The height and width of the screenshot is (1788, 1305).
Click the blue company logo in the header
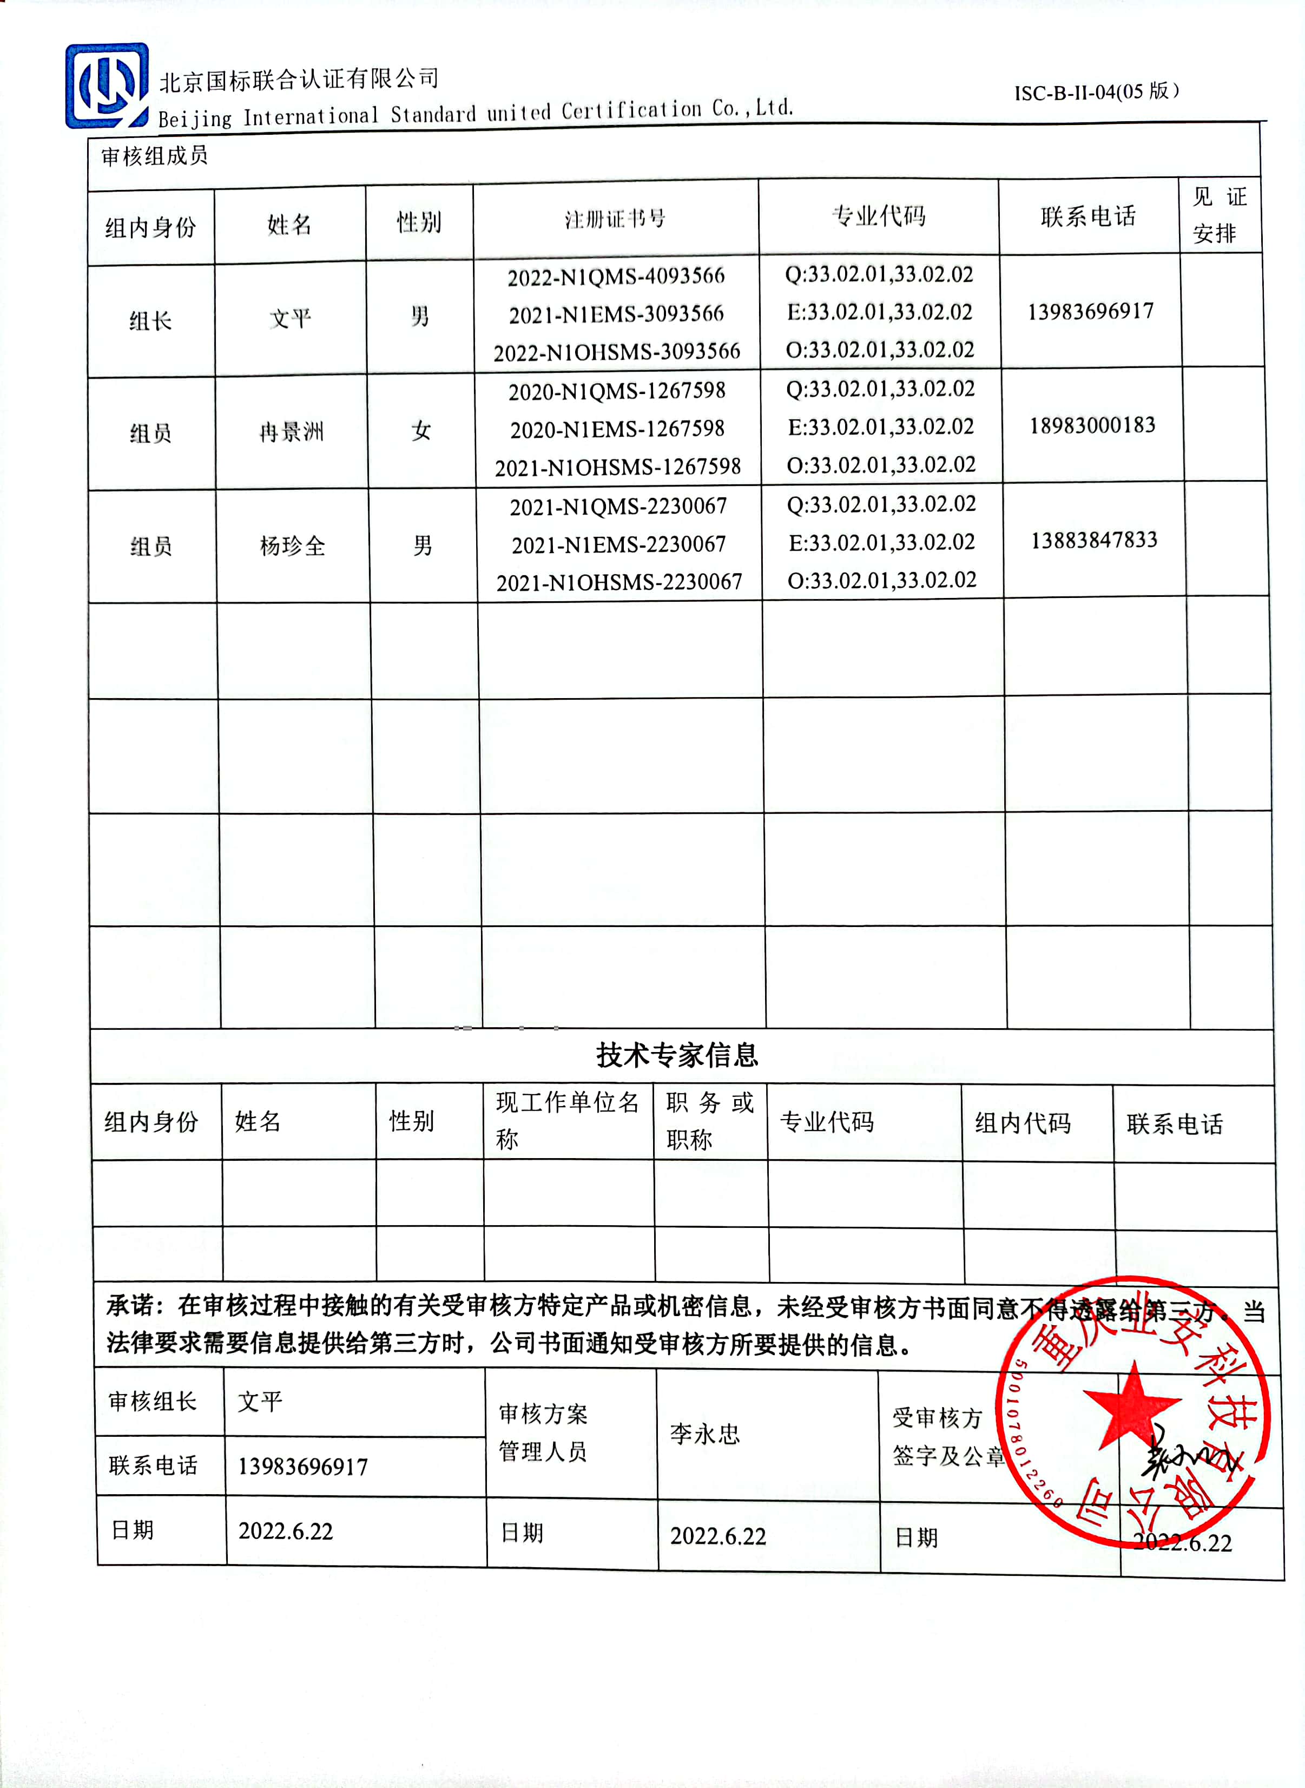107,86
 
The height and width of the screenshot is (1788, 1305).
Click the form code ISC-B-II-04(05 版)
1097,91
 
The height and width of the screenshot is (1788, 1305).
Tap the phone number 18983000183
1092,426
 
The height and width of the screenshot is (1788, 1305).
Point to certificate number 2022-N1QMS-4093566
616,277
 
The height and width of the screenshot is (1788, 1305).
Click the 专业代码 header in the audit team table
879,216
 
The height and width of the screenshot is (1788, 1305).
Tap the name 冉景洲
292,432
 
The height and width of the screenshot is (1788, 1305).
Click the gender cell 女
421,431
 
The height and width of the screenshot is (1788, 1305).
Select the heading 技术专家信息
677,1055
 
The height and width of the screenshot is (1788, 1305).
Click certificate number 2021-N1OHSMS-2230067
619,583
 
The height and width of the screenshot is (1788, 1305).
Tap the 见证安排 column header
1219,215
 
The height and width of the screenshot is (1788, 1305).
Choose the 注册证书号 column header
615,219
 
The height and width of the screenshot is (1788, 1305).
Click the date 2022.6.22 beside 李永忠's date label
718,1536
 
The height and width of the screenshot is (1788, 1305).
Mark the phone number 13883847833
1094,541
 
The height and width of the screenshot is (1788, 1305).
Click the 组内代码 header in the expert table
1022,1123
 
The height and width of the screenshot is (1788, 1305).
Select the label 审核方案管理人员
544,1432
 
